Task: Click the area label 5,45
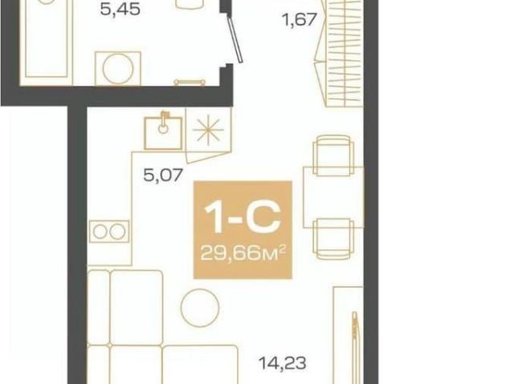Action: [120, 10]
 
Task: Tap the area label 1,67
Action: [300, 19]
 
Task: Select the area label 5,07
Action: [162, 175]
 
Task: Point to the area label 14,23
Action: [283, 363]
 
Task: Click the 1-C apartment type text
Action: [243, 217]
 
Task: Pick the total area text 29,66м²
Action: [243, 253]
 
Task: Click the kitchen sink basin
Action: [163, 133]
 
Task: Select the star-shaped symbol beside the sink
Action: [208, 130]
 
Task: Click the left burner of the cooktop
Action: [100, 232]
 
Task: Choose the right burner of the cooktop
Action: [117, 232]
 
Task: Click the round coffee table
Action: [200, 308]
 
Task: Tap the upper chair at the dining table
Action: [333, 155]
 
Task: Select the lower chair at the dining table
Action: [333, 239]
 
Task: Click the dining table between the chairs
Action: [333, 197]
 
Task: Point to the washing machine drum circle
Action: [118, 68]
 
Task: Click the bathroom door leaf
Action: [235, 39]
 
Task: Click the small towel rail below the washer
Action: [190, 82]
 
